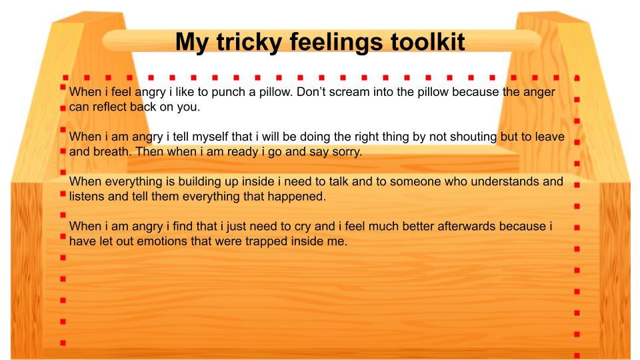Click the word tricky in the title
(x=249, y=43)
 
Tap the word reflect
(x=109, y=107)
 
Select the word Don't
(x=311, y=92)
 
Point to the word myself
(x=210, y=137)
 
